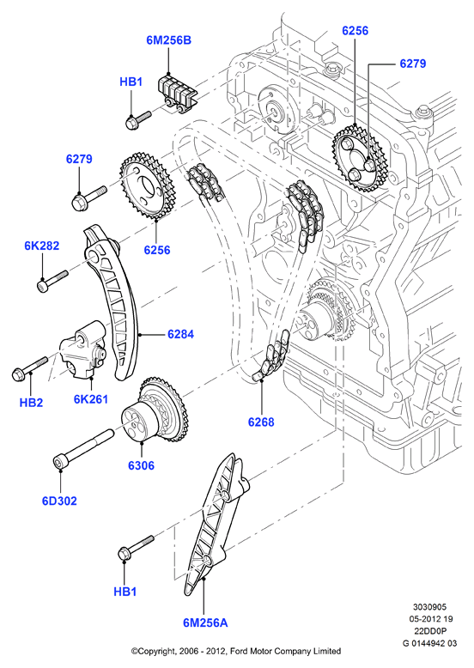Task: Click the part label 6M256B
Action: (168, 40)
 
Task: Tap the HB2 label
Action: (31, 402)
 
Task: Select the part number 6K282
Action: (41, 246)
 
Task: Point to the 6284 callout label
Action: (180, 334)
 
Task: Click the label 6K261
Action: (91, 399)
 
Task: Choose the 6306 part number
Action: (142, 465)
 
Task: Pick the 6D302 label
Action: (59, 501)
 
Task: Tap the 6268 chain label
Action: (261, 422)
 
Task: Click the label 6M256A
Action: (205, 622)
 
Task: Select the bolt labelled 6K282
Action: (52, 279)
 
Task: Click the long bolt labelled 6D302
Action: (82, 450)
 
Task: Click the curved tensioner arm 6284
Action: (112, 302)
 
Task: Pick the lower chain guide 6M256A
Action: (216, 524)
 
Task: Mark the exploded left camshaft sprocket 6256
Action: (144, 186)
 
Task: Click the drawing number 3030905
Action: (429, 607)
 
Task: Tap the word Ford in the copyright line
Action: (240, 651)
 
